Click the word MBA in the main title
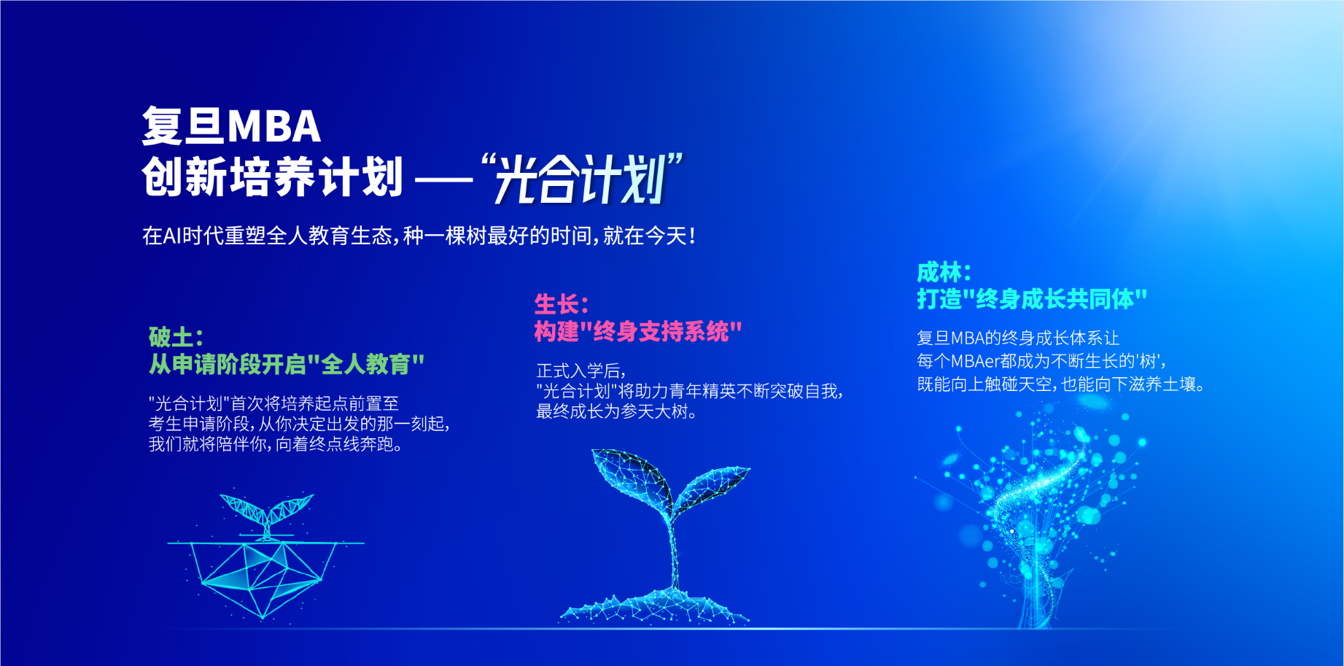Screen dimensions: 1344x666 [x=273, y=126]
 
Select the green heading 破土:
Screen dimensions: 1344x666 [x=176, y=337]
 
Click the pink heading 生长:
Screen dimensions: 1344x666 [x=562, y=304]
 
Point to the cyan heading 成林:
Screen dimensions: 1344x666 [x=944, y=272]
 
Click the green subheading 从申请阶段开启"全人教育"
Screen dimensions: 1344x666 [x=287, y=364]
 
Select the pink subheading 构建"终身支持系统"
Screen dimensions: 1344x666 [x=638, y=332]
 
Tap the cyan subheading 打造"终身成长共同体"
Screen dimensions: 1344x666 [x=1032, y=299]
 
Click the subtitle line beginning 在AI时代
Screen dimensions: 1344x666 [x=419, y=236]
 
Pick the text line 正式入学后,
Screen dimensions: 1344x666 [x=581, y=371]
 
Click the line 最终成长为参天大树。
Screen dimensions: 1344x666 [x=617, y=411]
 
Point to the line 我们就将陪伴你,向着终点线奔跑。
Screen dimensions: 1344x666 [x=276, y=444]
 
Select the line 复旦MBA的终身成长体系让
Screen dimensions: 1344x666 [x=1018, y=338]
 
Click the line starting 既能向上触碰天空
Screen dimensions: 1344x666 [x=1060, y=384]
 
